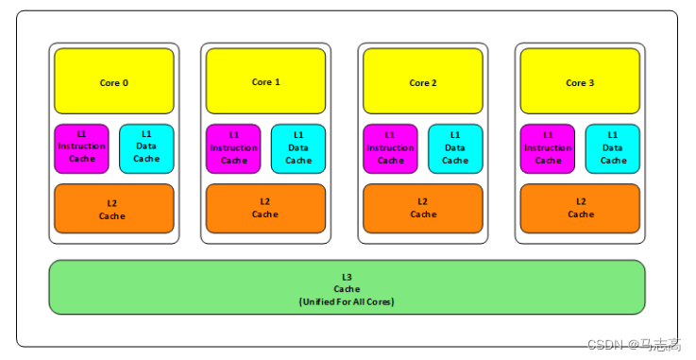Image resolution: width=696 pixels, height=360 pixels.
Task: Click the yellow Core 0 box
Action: [x=113, y=82]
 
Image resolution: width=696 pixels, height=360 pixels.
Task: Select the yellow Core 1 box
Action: [x=265, y=82]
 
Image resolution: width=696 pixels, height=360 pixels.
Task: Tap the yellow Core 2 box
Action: [x=422, y=82]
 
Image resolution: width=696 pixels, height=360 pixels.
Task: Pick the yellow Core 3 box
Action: [x=580, y=82]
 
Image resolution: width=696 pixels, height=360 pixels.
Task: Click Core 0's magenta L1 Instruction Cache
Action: [x=82, y=148]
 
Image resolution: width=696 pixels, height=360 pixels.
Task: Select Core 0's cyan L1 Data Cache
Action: [x=146, y=148]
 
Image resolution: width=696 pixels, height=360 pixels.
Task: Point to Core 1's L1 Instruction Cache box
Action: [x=233, y=148]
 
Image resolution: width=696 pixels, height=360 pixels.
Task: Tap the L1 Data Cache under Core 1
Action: [x=298, y=148]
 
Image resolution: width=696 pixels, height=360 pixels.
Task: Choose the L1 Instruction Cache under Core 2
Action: [x=390, y=148]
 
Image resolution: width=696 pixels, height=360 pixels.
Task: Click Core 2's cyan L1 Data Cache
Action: [x=455, y=148]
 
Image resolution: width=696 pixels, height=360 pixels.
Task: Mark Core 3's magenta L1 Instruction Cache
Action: [x=548, y=148]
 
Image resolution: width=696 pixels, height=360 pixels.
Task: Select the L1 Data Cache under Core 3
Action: [x=613, y=148]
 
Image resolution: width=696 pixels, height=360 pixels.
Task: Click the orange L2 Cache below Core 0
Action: [x=113, y=209]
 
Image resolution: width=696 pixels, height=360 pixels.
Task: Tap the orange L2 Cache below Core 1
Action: [x=265, y=209]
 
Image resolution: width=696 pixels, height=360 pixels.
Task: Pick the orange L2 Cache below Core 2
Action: [x=422, y=209]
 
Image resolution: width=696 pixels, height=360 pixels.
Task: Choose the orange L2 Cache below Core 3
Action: [x=580, y=209]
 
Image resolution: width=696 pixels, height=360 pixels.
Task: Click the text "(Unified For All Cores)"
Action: [x=347, y=301]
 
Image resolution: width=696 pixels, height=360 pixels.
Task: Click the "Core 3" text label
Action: [x=580, y=83]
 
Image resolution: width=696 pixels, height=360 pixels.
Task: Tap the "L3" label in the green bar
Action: [x=347, y=275]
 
